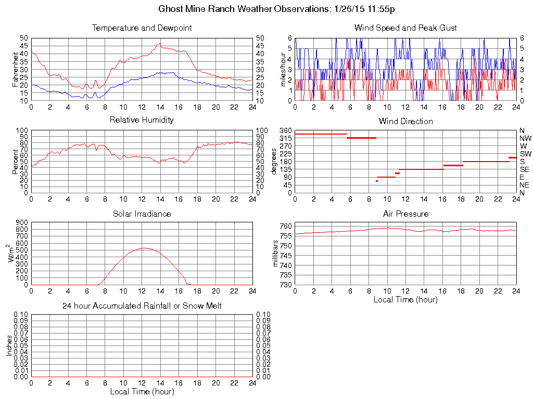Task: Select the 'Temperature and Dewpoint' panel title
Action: click(142, 28)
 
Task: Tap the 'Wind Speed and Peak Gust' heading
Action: click(405, 28)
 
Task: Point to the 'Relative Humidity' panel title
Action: click(142, 120)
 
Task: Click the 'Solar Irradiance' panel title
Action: click(142, 214)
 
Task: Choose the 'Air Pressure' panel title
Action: click(405, 214)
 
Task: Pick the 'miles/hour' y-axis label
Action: click(284, 69)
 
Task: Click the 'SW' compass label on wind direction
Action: click(525, 154)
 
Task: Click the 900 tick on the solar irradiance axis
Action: click(22, 222)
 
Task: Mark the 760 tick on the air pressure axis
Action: click(285, 227)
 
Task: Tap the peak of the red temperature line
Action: click(159, 44)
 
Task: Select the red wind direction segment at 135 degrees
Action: click(421, 169)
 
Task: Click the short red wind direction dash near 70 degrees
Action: click(376, 181)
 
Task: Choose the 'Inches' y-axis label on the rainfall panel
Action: click(9, 345)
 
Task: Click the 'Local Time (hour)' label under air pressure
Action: click(405, 300)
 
